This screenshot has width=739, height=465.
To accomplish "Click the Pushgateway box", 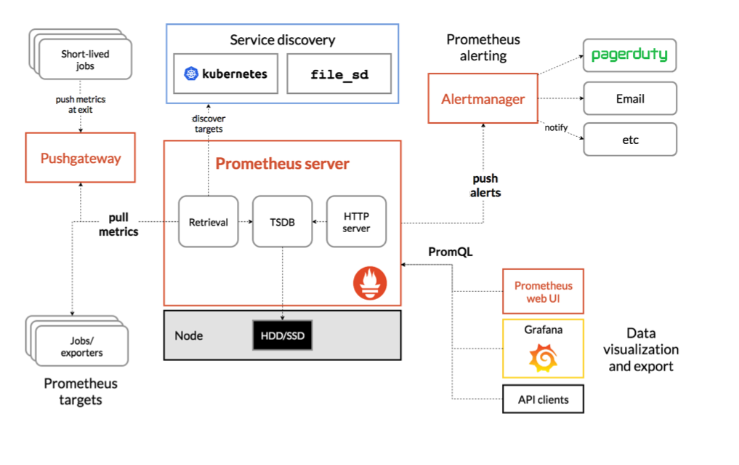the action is (81, 158).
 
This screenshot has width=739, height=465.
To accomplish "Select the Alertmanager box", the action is (483, 98).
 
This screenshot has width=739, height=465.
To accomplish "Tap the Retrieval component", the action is (209, 222).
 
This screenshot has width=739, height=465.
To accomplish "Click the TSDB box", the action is (283, 222).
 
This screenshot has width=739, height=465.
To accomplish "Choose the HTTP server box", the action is (356, 222).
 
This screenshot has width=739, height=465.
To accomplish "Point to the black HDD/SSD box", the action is (283, 335).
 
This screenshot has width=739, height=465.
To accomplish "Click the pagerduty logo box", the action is (630, 55).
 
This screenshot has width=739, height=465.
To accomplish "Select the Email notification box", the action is (630, 98).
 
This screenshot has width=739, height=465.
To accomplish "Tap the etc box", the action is (630, 139).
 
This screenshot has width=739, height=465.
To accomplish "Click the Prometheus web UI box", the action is (543, 291).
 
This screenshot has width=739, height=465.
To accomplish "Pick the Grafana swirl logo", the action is (544, 358).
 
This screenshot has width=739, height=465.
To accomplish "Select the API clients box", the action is (543, 400).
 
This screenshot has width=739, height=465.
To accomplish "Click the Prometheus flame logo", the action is (370, 283).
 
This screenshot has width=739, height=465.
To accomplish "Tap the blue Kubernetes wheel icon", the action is (191, 73).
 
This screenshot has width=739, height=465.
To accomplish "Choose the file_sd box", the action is (339, 73).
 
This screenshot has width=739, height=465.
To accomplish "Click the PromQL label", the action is (450, 252).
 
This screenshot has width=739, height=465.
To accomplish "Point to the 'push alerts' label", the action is (485, 186).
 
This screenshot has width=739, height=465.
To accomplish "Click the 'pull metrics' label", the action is (118, 224).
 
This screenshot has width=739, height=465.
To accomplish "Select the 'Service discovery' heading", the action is (283, 40).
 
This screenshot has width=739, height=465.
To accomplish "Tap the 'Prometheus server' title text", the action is (283, 163).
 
